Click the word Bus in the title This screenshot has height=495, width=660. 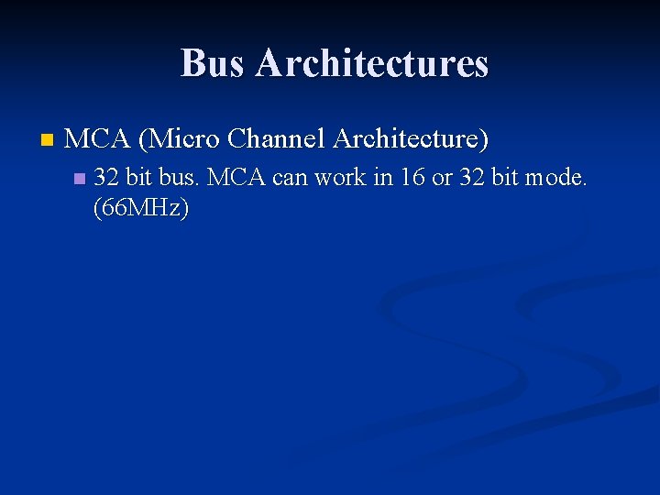coord(214,63)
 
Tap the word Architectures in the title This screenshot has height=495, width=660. coord(372,63)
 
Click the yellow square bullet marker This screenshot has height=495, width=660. coord(48,141)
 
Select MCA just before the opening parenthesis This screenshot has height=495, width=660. coord(98,139)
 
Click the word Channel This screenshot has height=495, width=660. coord(276,139)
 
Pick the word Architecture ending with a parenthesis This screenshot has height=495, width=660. coord(411,139)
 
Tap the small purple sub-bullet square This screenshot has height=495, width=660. coord(79,178)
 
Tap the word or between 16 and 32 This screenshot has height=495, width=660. coord(442,177)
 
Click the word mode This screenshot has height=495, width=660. coord(556,177)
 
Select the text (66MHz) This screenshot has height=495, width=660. coord(141,208)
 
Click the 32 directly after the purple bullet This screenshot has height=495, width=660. coord(106,177)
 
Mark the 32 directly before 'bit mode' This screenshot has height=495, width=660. coord(473,177)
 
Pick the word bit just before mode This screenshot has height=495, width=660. coord(506,177)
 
